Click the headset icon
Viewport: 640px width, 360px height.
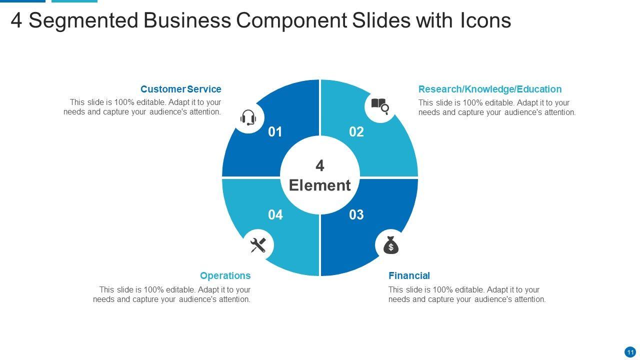point(248,118)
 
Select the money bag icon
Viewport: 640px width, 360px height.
point(391,245)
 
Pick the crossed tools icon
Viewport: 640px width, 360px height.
point(258,245)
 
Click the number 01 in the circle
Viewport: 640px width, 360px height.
point(275,132)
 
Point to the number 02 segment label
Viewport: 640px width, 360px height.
point(356,132)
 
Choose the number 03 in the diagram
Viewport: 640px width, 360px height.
point(356,215)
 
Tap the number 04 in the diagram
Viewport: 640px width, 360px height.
point(275,215)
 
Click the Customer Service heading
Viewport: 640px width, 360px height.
point(180,89)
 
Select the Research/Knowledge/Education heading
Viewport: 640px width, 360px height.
point(490,89)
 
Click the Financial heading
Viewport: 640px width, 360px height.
point(409,275)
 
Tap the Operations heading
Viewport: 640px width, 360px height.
point(225,275)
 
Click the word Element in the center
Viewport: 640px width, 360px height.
point(320,185)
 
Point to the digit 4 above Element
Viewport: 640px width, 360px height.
point(320,165)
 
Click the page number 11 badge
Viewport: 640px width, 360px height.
point(630,352)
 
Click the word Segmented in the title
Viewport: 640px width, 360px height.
point(83,21)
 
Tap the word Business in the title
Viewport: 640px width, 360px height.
point(187,21)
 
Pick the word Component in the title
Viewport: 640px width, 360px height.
point(293,21)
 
